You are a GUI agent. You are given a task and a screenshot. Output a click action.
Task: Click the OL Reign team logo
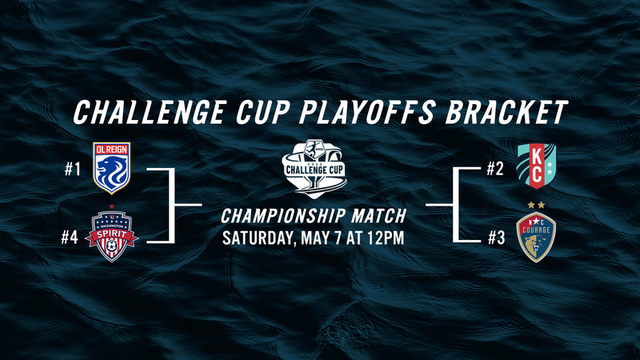[x=111, y=169]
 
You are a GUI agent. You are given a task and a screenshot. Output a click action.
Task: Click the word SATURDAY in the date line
[x=260, y=238]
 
